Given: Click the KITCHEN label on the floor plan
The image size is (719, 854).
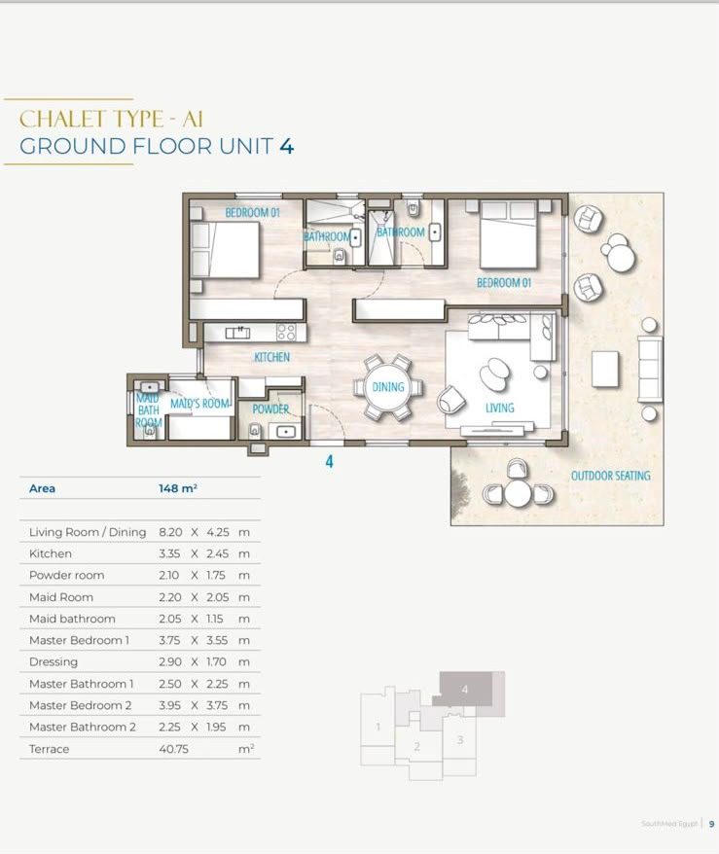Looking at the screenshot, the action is click(x=271, y=357).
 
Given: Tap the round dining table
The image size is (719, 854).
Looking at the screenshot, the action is click(x=388, y=387).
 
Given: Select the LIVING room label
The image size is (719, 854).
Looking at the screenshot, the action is click(x=499, y=408).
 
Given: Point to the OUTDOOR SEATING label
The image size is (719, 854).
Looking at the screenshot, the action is click(x=611, y=476).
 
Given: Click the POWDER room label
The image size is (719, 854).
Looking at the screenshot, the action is click(x=270, y=409).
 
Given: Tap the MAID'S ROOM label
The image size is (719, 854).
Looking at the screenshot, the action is click(x=199, y=404).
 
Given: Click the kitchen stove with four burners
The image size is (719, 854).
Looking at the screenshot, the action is click(x=286, y=332).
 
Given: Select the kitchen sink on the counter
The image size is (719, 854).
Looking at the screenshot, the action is click(x=238, y=332).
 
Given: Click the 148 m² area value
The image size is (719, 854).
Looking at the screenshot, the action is click(x=178, y=488).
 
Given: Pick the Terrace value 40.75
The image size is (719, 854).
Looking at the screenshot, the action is click(x=174, y=749).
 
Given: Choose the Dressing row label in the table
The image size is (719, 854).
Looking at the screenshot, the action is click(x=54, y=662).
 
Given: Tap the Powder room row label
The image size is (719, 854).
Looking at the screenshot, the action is click(x=66, y=575).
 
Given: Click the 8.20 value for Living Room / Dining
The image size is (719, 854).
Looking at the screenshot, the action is click(x=170, y=532).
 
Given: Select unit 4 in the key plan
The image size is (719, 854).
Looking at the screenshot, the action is click(x=465, y=689).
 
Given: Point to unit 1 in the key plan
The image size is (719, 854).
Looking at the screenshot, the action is click(x=377, y=727).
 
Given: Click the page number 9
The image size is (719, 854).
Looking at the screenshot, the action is click(x=711, y=824).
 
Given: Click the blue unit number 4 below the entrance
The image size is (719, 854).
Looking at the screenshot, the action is click(x=329, y=462).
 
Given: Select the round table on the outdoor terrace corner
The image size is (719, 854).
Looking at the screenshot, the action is click(x=518, y=493).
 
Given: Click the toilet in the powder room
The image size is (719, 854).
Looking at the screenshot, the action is click(x=254, y=430).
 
